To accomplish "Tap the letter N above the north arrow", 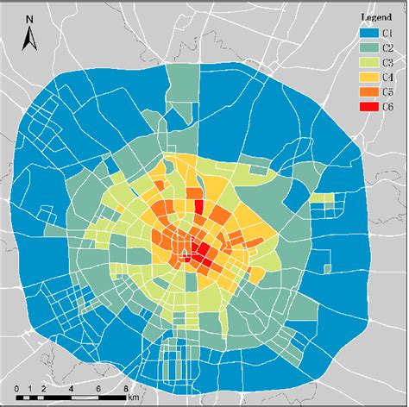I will click(x=28, y=18).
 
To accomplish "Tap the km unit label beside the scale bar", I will click(x=132, y=398).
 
